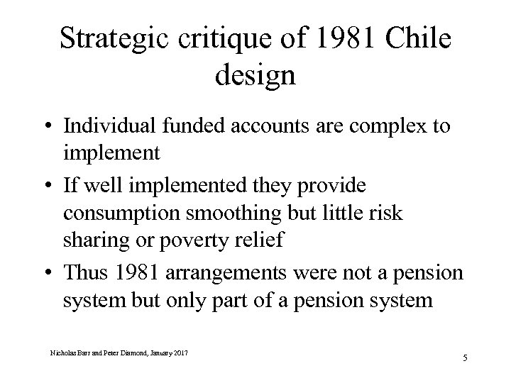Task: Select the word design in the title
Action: [x=254, y=74]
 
